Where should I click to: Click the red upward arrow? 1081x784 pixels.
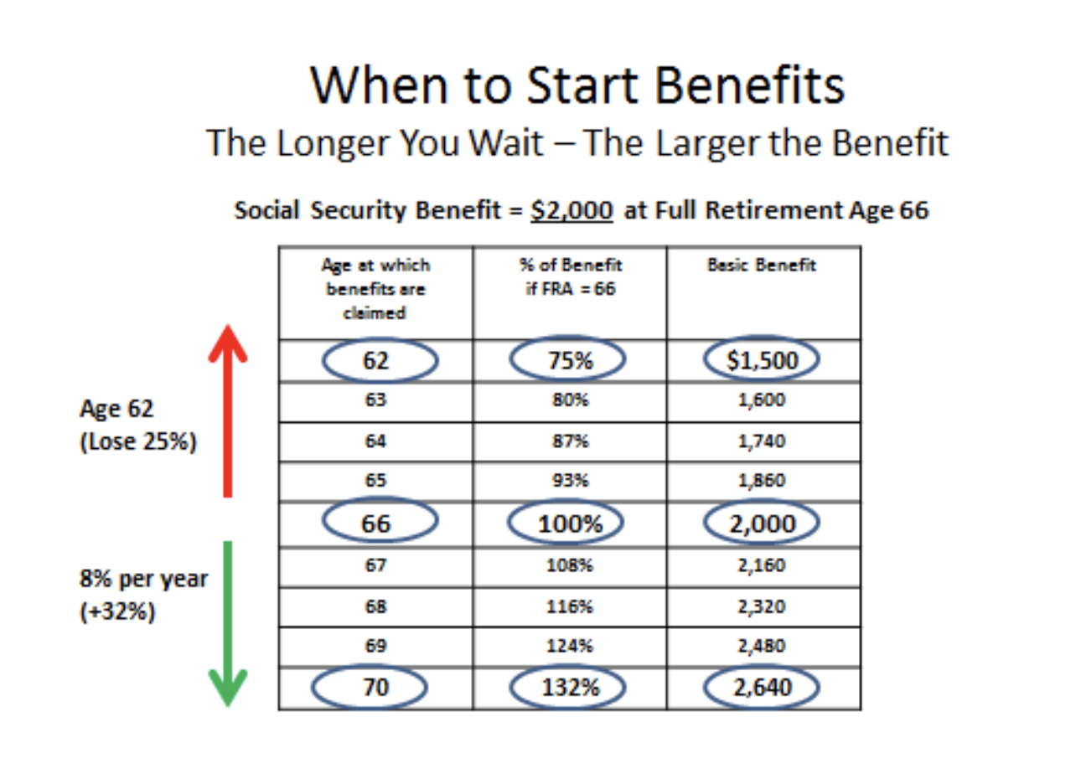click(228, 411)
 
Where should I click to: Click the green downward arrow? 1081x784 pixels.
click(228, 624)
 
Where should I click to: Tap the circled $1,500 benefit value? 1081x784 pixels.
click(762, 360)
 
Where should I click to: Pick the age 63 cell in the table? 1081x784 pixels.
click(375, 400)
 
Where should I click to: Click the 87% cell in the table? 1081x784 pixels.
click(570, 441)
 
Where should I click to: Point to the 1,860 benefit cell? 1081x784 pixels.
click(762, 480)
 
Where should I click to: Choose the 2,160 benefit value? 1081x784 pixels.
click(762, 565)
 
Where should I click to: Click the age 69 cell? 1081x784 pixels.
click(375, 646)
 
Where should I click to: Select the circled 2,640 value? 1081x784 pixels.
click(762, 687)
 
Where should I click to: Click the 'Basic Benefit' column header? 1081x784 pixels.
click(762, 265)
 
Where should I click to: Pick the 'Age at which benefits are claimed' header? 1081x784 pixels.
click(375, 288)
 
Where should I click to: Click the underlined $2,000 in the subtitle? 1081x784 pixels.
click(572, 210)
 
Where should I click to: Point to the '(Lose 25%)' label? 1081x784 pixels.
click(138, 441)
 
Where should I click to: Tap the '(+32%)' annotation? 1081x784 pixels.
click(117, 611)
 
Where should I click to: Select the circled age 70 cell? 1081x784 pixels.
click(370, 687)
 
